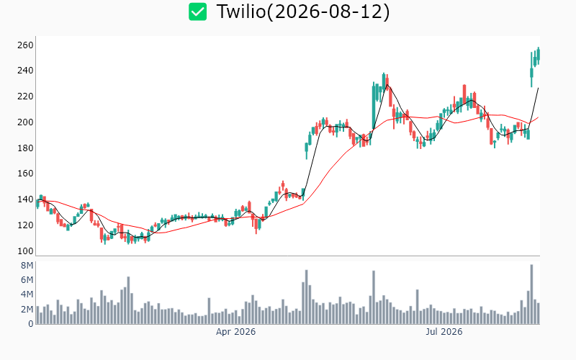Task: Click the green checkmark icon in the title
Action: point(197,12)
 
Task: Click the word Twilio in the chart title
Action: point(241,12)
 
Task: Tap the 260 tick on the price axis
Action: point(25,45)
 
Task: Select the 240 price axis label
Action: point(25,70)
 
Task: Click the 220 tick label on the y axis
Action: point(25,96)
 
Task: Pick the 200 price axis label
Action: point(25,122)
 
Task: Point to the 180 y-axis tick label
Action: point(25,148)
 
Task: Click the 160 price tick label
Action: point(25,173)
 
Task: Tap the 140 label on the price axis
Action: point(25,199)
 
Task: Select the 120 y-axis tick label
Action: point(25,225)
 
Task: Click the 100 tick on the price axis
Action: point(25,251)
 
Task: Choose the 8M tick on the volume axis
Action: point(27,266)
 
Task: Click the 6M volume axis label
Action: point(27,280)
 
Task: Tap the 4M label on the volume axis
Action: point(27,294)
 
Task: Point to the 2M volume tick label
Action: point(27,310)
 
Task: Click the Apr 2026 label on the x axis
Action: point(235,332)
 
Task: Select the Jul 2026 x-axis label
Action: point(444,332)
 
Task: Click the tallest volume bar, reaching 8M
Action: point(531,294)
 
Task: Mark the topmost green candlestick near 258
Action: point(539,53)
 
